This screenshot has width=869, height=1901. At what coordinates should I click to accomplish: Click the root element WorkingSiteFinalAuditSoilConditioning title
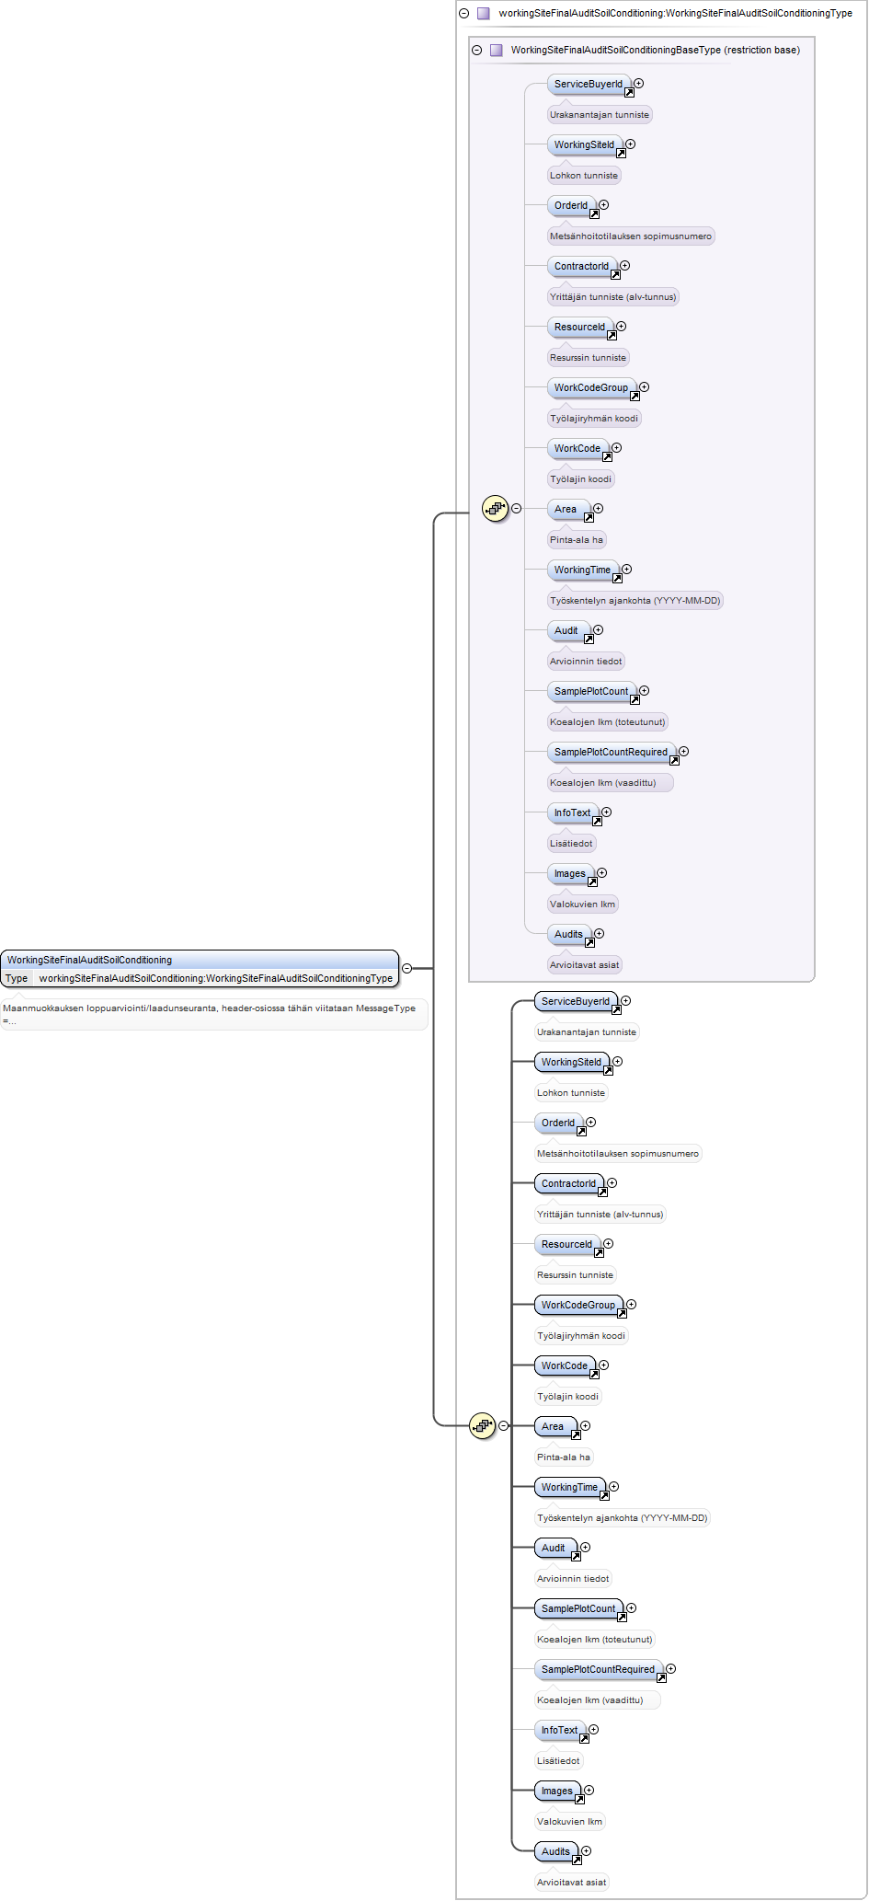[x=89, y=960]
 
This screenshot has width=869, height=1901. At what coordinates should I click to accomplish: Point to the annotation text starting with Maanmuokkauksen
[x=210, y=1013]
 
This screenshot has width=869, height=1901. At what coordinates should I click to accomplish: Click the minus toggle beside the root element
[x=406, y=968]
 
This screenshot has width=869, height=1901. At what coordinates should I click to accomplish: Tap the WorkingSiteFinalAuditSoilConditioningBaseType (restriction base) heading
[x=655, y=50]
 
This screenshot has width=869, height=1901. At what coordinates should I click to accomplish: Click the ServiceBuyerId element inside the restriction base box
[x=589, y=85]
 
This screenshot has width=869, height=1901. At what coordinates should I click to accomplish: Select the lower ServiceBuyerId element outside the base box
[x=577, y=1002]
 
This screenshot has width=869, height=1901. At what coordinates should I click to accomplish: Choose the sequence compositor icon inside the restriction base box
[x=496, y=508]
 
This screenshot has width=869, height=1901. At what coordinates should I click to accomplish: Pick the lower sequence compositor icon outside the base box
[x=483, y=1425]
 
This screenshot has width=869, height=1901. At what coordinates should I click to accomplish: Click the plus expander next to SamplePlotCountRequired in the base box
[x=683, y=752]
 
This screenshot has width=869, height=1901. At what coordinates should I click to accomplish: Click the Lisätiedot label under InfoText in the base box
[x=571, y=844]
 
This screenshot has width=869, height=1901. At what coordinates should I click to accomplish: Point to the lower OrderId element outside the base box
[x=559, y=1123]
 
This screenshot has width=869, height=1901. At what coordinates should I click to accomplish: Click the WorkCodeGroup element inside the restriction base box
[x=592, y=388]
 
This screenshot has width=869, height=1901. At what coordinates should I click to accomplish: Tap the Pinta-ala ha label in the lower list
[x=564, y=1457]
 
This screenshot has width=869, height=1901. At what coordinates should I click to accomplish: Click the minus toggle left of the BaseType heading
[x=476, y=50]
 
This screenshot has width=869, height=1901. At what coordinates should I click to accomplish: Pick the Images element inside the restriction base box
[x=571, y=874]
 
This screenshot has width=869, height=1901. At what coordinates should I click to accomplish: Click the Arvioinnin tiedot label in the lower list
[x=573, y=1579]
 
